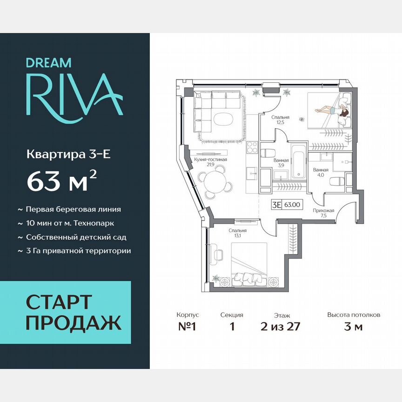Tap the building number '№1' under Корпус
[x=188, y=326]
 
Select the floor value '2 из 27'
[x=281, y=326]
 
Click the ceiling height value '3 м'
[x=353, y=326]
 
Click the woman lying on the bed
[x=331, y=110]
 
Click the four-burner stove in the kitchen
[x=252, y=147]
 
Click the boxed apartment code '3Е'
[x=276, y=203]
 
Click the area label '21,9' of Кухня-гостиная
[x=210, y=165]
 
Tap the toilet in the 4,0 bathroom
[x=336, y=181]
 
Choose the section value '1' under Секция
[x=232, y=326]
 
